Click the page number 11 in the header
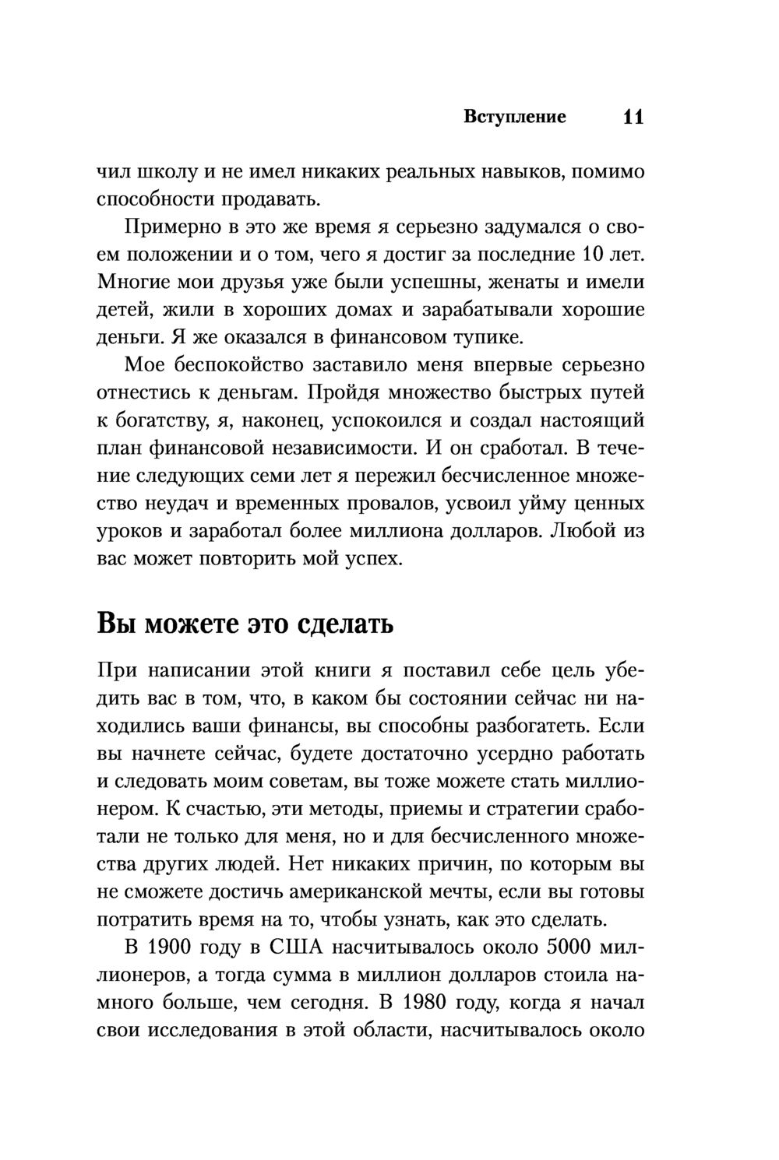[x=633, y=118]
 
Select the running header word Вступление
[x=514, y=118]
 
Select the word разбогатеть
[x=518, y=726]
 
